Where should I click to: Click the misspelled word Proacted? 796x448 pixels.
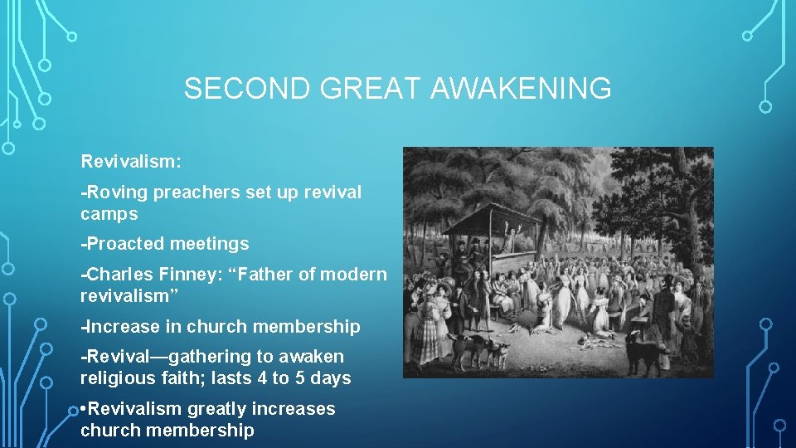click(124, 244)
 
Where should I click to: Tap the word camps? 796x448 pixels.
click(109, 214)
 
